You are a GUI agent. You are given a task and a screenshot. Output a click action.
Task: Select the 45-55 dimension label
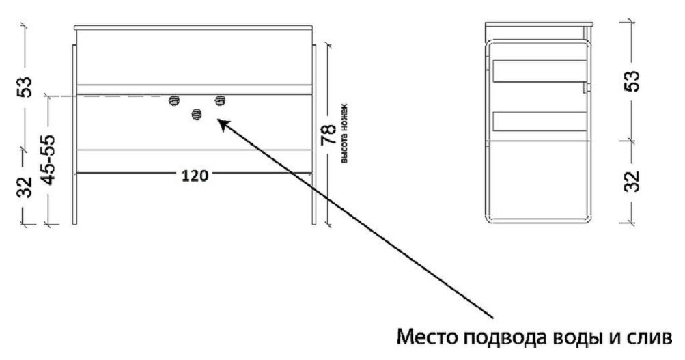coord(48,159)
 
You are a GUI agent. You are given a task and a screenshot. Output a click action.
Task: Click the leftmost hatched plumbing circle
coord(174,100)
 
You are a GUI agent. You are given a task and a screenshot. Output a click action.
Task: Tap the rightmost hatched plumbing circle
coord(220,100)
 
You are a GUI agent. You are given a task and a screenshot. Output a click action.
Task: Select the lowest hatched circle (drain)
coord(197,115)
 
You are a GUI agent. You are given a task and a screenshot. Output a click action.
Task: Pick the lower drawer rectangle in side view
coord(539,121)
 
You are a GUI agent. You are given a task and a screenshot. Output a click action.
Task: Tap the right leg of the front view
coord(313,137)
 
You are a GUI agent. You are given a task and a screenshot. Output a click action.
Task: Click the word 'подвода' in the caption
coord(502,339)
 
